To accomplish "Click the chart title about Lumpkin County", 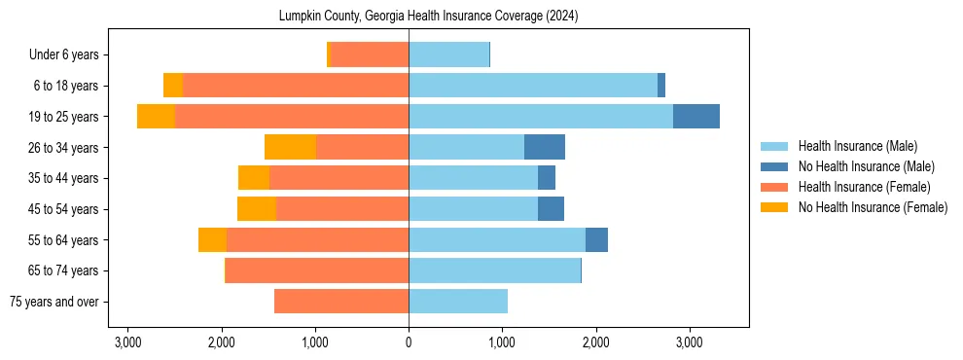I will (429, 16).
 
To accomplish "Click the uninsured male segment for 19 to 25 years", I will (696, 117).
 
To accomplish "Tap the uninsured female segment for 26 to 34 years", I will (290, 147).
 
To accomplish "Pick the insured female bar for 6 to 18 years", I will (296, 86).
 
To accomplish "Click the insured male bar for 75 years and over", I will (458, 302).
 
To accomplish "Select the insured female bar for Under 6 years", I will (370, 54).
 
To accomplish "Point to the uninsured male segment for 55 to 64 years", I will (596, 239).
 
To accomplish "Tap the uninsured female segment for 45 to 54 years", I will (257, 209).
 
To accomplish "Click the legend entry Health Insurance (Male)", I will (857, 146).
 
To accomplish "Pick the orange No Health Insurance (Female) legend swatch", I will (775, 207).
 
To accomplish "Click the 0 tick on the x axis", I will (409, 342).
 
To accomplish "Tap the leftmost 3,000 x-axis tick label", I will (128, 342).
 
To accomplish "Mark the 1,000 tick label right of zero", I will (502, 342).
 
